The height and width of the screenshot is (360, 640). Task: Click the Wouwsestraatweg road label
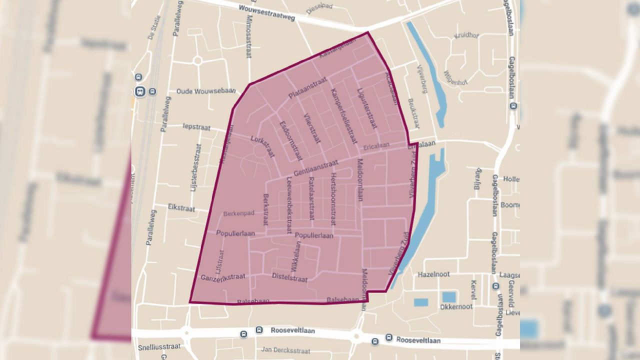click(266, 13)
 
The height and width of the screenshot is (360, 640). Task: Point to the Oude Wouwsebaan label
click(199, 91)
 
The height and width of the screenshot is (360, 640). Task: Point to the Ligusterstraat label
click(367, 107)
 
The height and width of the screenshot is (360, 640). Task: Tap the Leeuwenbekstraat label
click(289, 207)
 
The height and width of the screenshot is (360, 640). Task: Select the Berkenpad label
click(239, 213)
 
